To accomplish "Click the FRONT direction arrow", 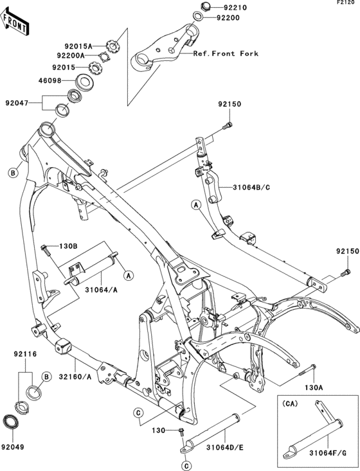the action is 14,22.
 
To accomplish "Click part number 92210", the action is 235,8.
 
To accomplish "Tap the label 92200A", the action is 71,55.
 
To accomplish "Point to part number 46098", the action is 50,80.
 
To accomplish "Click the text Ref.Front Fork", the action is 226,53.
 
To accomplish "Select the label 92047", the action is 17,103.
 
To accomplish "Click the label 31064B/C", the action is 251,188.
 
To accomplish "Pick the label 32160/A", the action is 75,376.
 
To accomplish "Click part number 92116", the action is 25,354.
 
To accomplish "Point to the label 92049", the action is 12,447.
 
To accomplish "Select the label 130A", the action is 313,388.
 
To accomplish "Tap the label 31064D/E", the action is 225,448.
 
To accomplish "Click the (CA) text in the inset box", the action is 290,404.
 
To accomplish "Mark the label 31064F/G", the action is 327,452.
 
